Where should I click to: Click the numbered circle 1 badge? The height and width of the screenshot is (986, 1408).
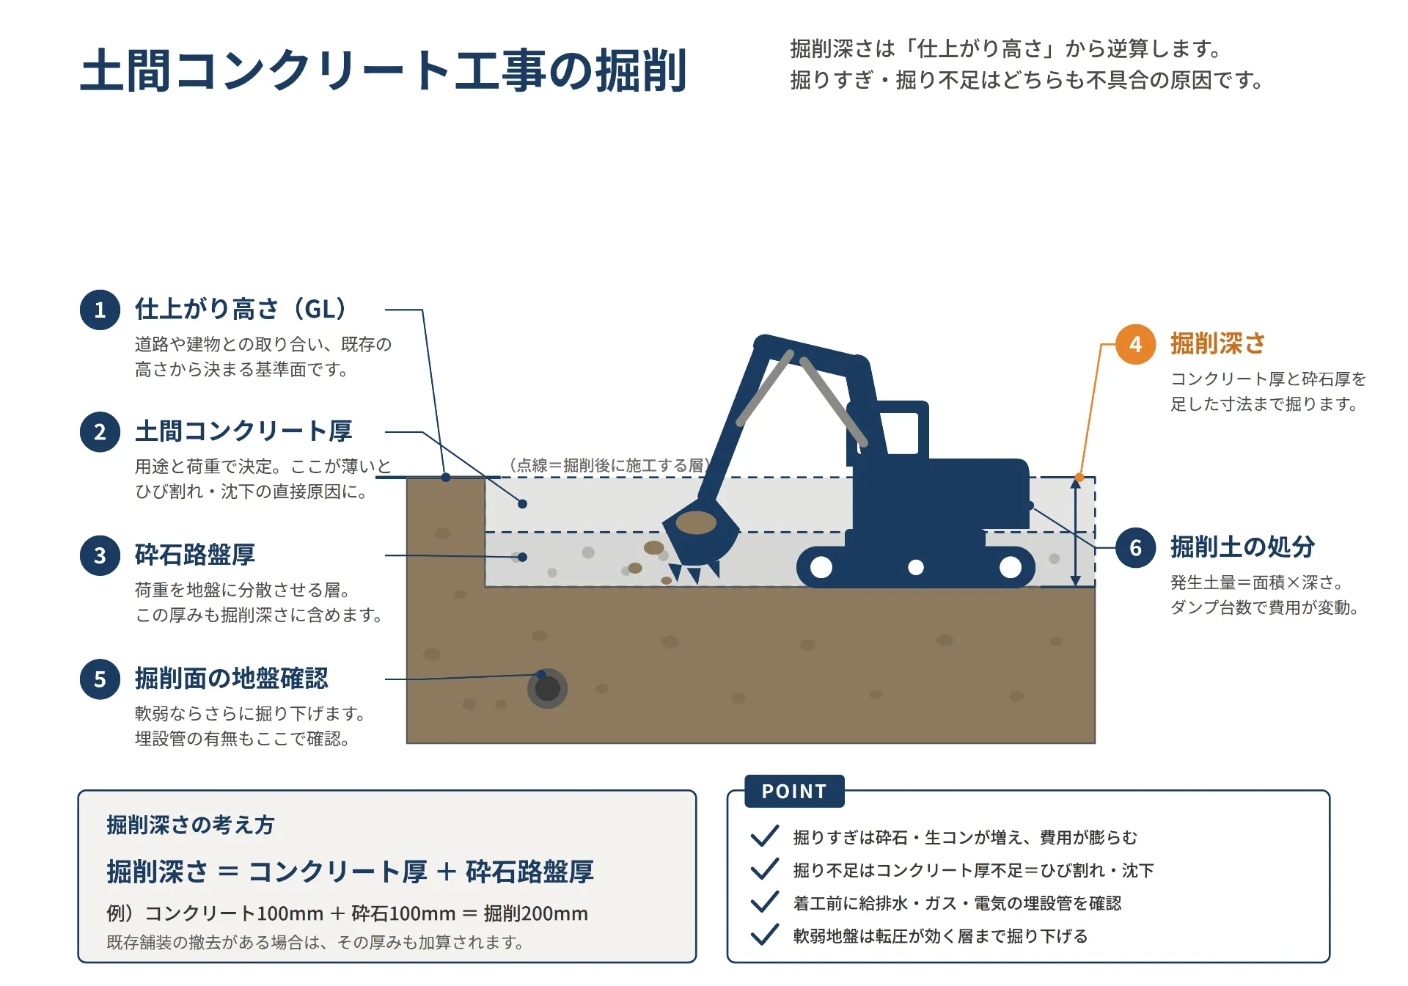coord(100,310)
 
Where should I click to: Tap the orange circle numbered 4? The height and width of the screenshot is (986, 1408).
coord(1135,344)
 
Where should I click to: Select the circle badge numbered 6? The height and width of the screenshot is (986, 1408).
coord(1135,547)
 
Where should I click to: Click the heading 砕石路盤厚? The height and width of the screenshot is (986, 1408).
coord(195,555)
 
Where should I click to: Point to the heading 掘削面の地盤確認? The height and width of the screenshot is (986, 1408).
coord(232,679)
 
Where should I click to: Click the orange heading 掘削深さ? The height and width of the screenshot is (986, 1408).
coord(1218,343)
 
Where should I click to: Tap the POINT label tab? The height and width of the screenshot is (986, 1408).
coord(794,791)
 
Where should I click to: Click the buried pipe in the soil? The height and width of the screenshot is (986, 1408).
coord(547,688)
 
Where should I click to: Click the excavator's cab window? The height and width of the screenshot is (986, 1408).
coord(899,434)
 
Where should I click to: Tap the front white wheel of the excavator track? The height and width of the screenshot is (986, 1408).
coord(821,567)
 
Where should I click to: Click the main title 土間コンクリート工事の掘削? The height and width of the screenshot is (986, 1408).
coord(384,71)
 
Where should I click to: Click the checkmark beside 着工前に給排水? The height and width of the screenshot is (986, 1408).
coord(765,902)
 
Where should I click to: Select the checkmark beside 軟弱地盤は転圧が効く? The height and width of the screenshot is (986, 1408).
coord(765,935)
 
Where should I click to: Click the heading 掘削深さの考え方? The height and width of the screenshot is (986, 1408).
coord(191,825)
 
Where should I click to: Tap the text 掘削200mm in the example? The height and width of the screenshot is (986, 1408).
coord(536,913)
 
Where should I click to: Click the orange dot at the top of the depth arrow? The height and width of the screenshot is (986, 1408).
coord(1079,478)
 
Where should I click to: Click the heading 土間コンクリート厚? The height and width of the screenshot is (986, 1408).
coord(243,431)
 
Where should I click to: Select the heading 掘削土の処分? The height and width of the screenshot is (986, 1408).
coord(1243,547)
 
